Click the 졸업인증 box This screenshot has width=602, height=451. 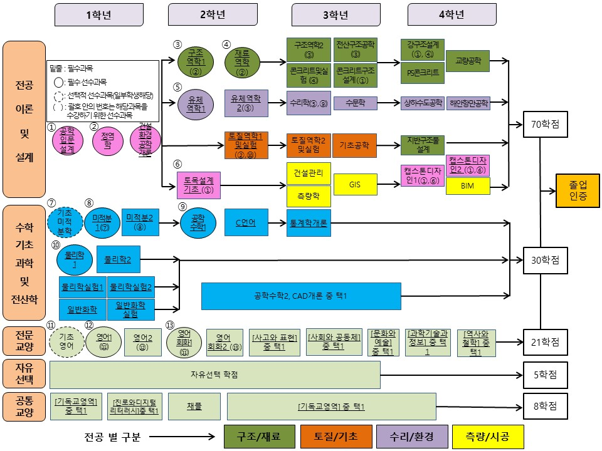point(578,190)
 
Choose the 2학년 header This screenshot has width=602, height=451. point(208,14)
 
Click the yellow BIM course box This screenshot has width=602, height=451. point(468,186)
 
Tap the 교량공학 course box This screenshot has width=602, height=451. point(468,61)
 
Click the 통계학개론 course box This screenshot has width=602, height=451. point(309,222)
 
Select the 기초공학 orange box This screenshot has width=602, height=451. point(354,145)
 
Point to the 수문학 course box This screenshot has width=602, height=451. point(354,103)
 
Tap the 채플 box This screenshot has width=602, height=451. point(194,407)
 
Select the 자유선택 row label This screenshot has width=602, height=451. point(24,375)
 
